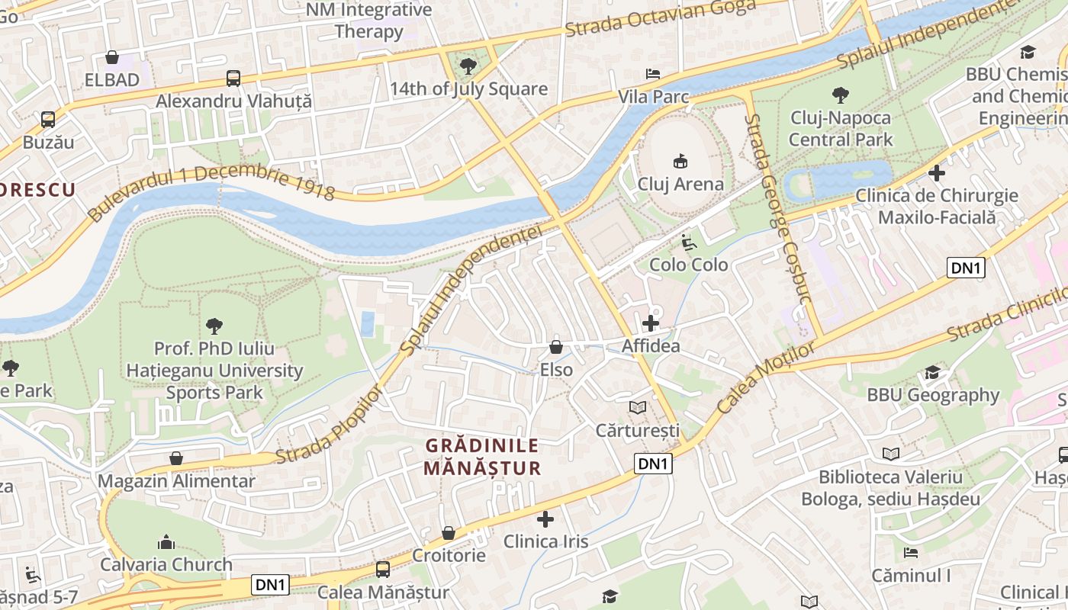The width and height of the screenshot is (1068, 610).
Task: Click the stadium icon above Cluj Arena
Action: (x=680, y=162)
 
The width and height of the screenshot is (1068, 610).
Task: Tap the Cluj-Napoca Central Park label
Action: (x=840, y=129)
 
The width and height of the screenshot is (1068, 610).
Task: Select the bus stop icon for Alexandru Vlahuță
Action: (x=233, y=78)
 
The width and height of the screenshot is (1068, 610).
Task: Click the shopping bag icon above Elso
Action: (x=556, y=347)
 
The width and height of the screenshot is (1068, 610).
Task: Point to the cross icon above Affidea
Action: (x=651, y=323)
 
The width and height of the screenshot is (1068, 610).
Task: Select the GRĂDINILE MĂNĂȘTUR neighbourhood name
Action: (x=482, y=457)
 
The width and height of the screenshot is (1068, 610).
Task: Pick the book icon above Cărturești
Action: (x=638, y=408)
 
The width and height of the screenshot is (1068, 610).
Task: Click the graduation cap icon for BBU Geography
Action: (x=932, y=372)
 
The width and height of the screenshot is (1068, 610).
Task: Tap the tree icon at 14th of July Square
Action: (x=468, y=66)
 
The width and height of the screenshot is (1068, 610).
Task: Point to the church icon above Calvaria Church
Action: (x=166, y=542)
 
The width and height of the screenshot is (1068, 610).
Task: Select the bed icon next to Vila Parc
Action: (x=653, y=74)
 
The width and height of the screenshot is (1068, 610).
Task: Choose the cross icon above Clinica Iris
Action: (x=545, y=519)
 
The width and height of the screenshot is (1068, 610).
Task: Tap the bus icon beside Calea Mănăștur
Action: (x=383, y=569)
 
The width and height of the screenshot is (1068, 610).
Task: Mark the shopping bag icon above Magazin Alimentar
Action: (x=176, y=458)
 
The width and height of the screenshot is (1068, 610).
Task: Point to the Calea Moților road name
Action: (x=765, y=377)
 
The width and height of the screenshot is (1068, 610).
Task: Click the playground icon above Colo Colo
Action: (x=688, y=242)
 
